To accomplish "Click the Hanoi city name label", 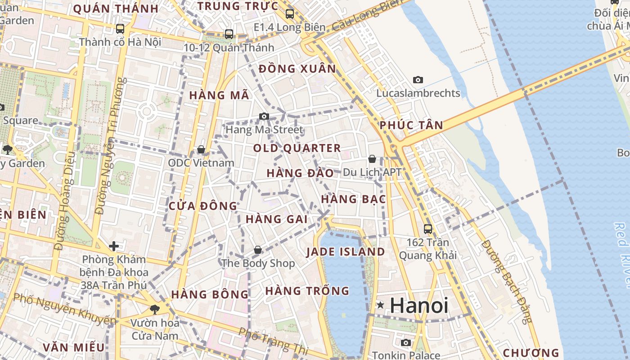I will [419, 306].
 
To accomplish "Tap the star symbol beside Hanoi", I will [381, 305].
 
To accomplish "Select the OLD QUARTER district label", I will [297, 148].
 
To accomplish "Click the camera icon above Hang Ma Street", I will [264, 117].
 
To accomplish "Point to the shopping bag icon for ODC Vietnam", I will [201, 149].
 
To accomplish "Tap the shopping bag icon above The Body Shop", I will [258, 249].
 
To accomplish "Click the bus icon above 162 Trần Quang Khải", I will [428, 229].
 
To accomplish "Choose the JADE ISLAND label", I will [346, 252].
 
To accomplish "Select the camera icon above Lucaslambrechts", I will [418, 80].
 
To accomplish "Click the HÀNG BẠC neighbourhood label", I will [354, 199].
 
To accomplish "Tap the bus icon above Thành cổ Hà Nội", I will [120, 29].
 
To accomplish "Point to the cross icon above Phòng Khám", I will [114, 246].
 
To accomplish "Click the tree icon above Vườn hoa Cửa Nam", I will [154, 309].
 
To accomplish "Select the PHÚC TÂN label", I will [411, 126].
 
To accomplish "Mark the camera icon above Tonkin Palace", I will [406, 342].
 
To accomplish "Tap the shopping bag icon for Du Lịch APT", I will [372, 159].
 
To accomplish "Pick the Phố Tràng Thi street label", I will [273, 341].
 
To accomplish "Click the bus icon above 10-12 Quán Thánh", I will [229, 34].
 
